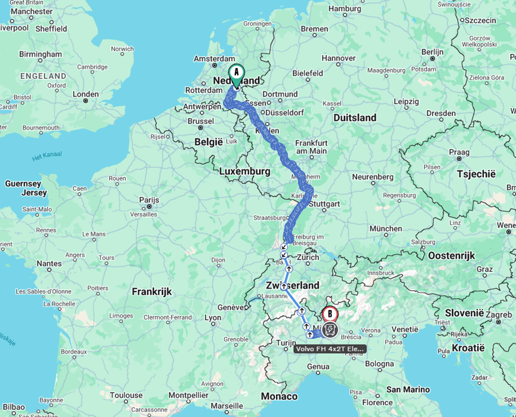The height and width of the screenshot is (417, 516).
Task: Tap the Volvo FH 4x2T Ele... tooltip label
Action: (x=330, y=348)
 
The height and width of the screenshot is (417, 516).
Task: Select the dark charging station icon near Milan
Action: (x=330, y=330)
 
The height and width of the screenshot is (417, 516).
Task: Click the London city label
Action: (x=86, y=94)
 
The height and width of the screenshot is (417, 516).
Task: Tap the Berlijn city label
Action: (x=433, y=51)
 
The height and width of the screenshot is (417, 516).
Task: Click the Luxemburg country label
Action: (x=245, y=171)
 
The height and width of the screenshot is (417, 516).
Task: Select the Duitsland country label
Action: (x=355, y=118)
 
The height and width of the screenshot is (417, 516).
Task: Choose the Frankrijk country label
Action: (x=151, y=291)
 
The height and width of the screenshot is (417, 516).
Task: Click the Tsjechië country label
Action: (x=475, y=174)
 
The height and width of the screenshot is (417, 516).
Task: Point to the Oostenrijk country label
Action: (x=451, y=256)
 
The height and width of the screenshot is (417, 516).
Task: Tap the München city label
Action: (x=386, y=228)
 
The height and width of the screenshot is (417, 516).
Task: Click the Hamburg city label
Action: (x=345, y=9)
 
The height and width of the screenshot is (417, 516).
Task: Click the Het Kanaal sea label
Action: (x=47, y=156)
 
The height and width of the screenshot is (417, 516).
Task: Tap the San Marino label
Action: (x=408, y=390)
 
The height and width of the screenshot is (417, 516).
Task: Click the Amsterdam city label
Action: (x=214, y=59)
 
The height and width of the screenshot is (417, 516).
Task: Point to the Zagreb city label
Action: (x=499, y=315)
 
